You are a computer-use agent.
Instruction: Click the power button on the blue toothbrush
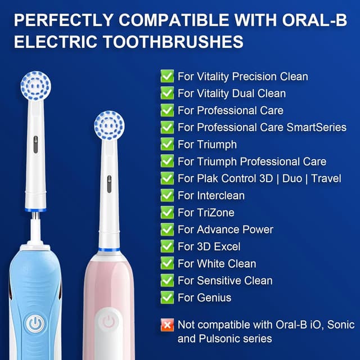pos(35,325)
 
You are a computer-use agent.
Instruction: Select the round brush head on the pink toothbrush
pos(109,125)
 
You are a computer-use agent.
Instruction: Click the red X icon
pos(167,325)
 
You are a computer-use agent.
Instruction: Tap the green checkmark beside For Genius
pos(167,297)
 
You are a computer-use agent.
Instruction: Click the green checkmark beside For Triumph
pos(167,144)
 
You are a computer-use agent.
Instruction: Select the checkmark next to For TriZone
pos(167,212)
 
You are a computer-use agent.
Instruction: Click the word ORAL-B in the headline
pos(316,20)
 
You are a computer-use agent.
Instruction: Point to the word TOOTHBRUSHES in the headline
pos(186,42)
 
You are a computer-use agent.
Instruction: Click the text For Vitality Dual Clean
pos(232,93)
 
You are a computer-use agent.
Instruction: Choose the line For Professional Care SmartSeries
pos(262,127)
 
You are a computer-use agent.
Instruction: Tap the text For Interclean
pos(211,195)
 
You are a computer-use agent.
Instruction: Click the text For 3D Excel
pos(209,246)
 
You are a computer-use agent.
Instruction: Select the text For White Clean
pos(217,263)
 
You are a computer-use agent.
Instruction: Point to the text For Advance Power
pos(226,229)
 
